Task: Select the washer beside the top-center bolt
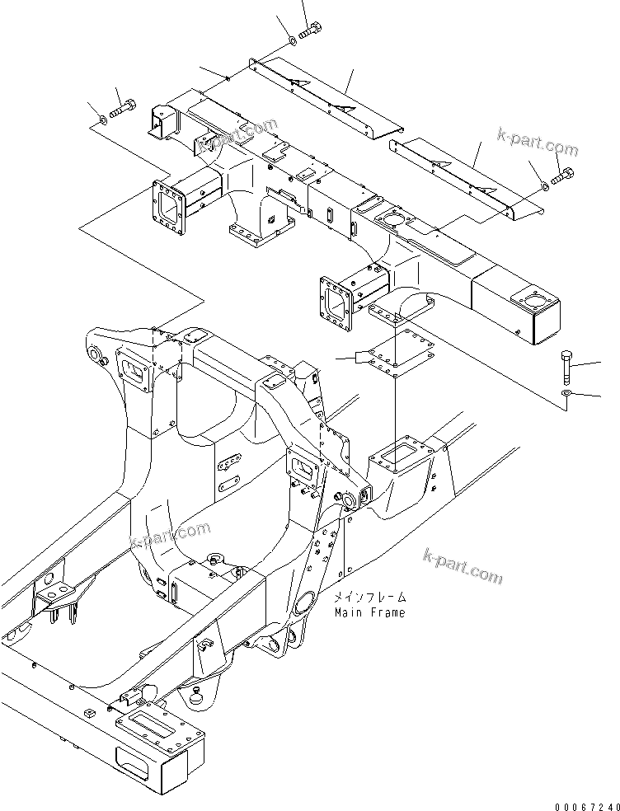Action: (294, 40)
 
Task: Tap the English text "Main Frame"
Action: (369, 612)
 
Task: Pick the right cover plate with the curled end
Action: (470, 175)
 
